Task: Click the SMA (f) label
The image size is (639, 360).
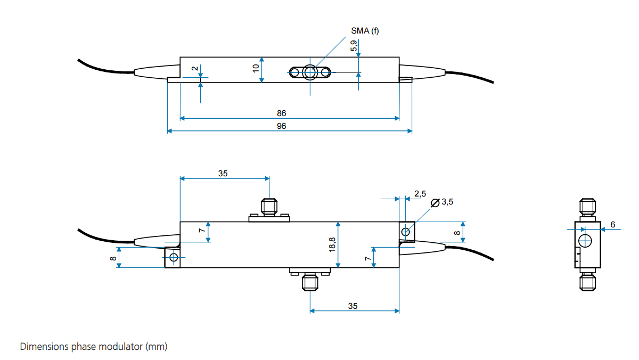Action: click(x=365, y=31)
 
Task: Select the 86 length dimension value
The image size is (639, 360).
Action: click(x=282, y=113)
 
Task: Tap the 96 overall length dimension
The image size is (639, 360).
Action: click(x=282, y=126)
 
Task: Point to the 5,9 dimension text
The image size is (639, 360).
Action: click(x=354, y=46)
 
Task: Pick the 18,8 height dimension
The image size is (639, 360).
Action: click(x=332, y=244)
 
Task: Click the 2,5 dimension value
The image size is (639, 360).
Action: click(x=420, y=194)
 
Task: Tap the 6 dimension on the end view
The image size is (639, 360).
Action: click(x=612, y=225)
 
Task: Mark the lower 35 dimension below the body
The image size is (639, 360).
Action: click(x=353, y=306)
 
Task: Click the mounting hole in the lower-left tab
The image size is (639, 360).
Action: click(x=173, y=258)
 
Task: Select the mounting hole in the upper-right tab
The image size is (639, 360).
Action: click(x=406, y=232)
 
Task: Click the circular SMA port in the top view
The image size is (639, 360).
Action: click(x=309, y=72)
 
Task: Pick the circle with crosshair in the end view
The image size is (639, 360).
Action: click(x=586, y=240)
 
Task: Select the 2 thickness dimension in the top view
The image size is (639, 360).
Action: click(x=194, y=69)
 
